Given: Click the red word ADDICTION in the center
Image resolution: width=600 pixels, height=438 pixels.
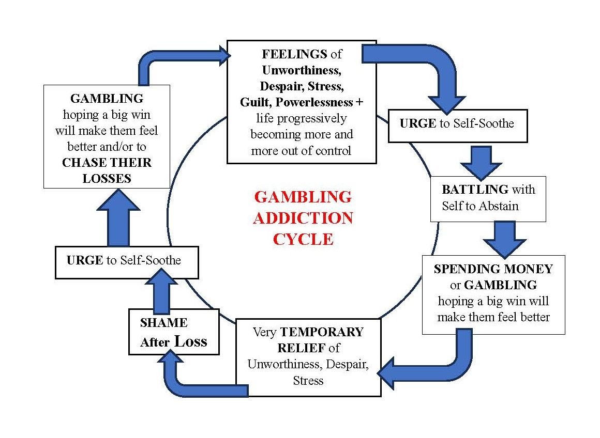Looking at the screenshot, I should (303, 218).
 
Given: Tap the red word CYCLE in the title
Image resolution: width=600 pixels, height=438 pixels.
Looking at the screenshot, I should (303, 239).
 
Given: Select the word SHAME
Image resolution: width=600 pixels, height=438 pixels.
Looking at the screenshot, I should (163, 323).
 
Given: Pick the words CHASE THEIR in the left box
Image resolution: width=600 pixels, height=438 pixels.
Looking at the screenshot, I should (107, 162).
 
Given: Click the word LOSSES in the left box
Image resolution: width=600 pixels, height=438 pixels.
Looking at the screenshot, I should (107, 178).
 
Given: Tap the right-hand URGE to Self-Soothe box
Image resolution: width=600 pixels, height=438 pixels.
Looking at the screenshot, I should (457, 124).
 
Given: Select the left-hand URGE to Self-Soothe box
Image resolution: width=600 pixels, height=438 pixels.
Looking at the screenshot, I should (126, 261).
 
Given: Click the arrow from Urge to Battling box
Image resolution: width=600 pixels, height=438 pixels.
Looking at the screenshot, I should (481, 161).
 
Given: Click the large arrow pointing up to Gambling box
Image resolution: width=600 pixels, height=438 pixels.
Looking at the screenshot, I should (118, 217).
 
